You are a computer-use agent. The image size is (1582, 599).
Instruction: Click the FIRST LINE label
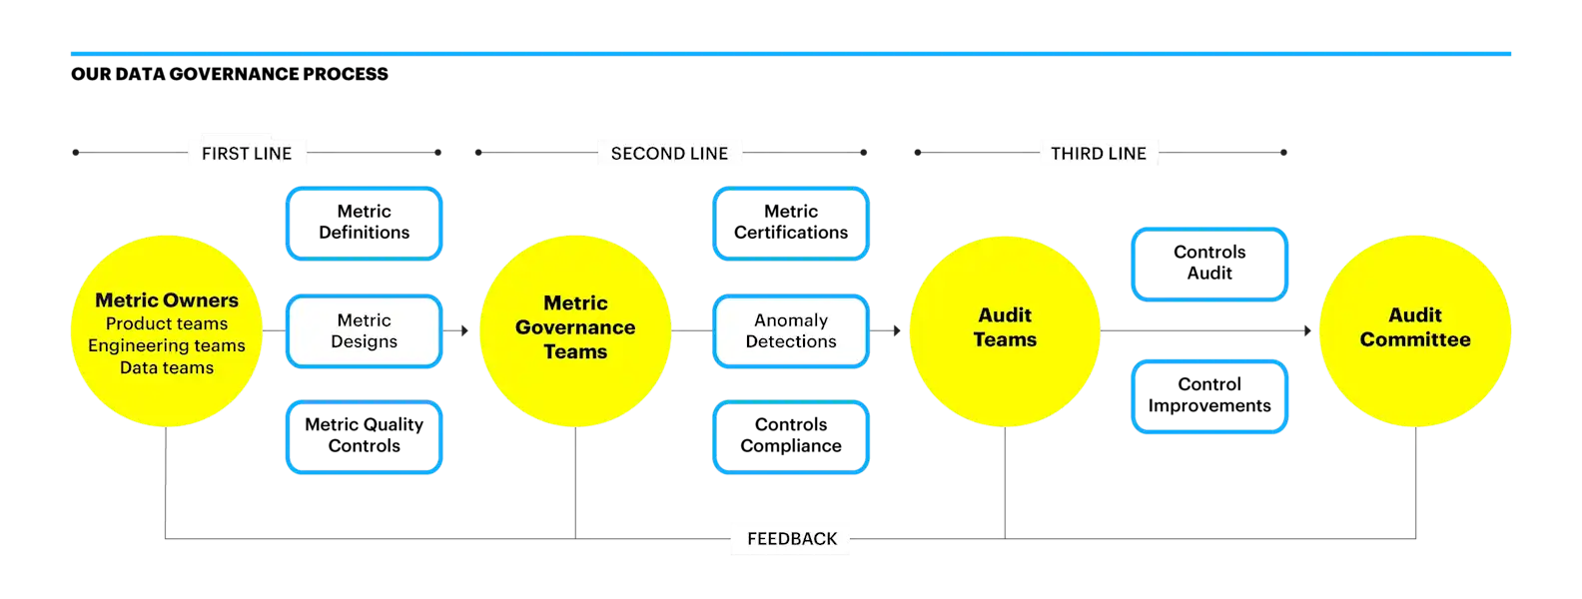coord(247,153)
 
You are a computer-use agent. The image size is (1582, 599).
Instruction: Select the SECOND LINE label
coord(669,153)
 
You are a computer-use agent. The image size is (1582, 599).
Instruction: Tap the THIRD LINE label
coord(1098,153)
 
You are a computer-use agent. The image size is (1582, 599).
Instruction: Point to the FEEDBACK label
coord(792,539)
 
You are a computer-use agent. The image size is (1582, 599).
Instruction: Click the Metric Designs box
coord(365,330)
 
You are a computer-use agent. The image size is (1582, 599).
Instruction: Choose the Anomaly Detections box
coord(791,330)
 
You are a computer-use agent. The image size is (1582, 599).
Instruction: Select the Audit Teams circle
coord(1005,331)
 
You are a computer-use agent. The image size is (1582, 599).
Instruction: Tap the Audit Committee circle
coord(1415,331)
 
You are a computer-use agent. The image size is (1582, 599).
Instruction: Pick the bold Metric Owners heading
coord(167,300)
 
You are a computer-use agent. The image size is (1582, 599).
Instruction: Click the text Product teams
coord(167,323)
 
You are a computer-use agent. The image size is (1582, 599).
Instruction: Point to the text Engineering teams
coord(167,345)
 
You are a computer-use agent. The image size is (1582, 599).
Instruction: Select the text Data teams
coord(167,367)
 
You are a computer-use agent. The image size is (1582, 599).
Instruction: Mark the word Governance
coord(575,327)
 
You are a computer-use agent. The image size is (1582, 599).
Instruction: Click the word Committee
coord(1415,339)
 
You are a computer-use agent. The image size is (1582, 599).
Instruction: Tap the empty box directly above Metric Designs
coord(365,224)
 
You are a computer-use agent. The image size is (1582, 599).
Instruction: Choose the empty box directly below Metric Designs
coord(365,437)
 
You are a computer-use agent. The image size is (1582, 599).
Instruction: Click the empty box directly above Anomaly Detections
coord(791,224)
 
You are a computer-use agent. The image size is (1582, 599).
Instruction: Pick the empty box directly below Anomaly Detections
coord(791,437)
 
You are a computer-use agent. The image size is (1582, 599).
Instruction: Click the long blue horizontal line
coord(791,55)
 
